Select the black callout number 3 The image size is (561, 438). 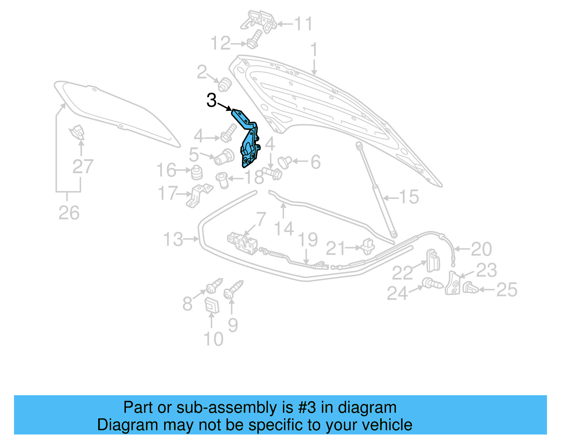(x=211, y=101)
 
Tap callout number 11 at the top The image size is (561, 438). (x=303, y=24)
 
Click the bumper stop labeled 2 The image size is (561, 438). (x=224, y=85)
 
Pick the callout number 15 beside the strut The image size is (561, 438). (x=409, y=197)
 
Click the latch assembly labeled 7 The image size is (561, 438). (x=242, y=242)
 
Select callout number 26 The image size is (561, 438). (x=69, y=213)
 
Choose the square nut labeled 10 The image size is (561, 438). (x=212, y=305)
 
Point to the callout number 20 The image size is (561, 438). (x=481, y=249)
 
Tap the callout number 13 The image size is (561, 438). (x=173, y=240)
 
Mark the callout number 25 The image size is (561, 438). (x=507, y=290)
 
